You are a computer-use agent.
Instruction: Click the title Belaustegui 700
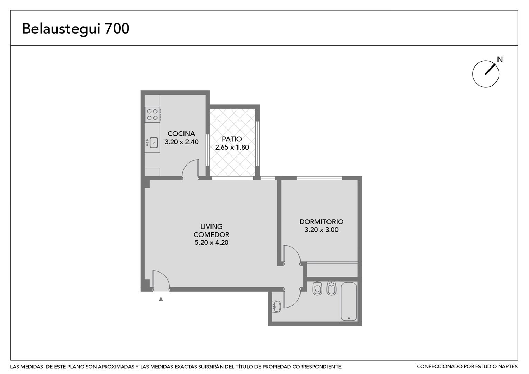(75, 29)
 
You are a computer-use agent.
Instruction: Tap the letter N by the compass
(500, 59)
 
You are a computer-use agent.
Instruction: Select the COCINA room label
(181, 134)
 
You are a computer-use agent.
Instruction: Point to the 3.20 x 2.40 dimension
(181, 142)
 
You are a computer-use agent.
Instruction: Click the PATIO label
(232, 139)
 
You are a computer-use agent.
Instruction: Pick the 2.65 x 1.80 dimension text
(232, 147)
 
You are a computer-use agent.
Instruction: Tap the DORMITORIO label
(321, 222)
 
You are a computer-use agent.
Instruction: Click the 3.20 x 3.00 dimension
(321, 230)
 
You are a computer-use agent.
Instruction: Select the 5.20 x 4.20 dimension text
(212, 243)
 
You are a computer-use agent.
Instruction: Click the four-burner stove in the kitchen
(153, 115)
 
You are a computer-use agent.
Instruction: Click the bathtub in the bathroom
(349, 302)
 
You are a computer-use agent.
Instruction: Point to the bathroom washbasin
(276, 306)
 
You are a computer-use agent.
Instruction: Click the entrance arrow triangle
(161, 299)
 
